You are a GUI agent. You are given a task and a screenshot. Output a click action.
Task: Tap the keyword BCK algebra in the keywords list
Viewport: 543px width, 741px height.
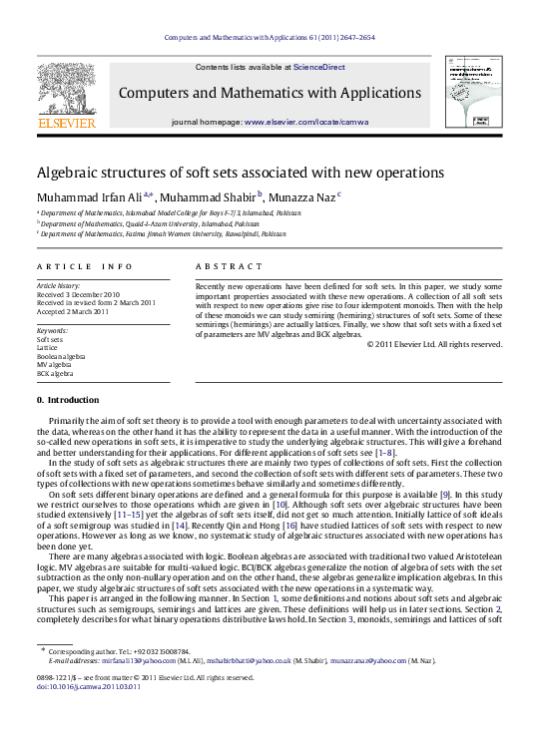(x=55, y=374)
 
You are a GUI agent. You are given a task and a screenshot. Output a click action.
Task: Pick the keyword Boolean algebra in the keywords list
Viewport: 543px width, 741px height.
(x=61, y=356)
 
